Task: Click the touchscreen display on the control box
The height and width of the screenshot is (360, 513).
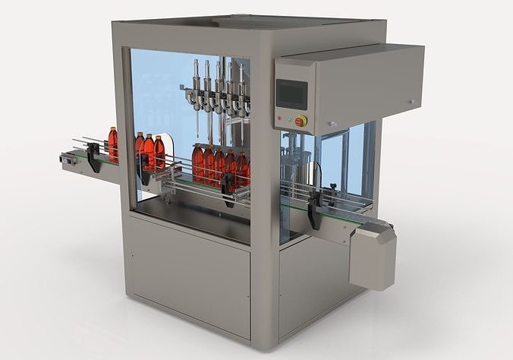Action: tap(291, 94)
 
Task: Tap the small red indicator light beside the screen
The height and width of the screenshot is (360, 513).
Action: tap(279, 118)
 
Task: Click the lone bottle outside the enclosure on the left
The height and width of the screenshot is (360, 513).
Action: tap(113, 143)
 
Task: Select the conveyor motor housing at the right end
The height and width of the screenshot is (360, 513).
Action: tap(373, 256)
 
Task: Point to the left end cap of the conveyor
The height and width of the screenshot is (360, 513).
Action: tap(66, 159)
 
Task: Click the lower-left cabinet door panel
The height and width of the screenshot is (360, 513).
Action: tap(189, 273)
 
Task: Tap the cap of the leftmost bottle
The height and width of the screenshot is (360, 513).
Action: tap(113, 129)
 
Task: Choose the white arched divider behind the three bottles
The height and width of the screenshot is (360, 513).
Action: tap(169, 152)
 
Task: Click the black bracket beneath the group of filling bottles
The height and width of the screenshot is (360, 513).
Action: tap(227, 182)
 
